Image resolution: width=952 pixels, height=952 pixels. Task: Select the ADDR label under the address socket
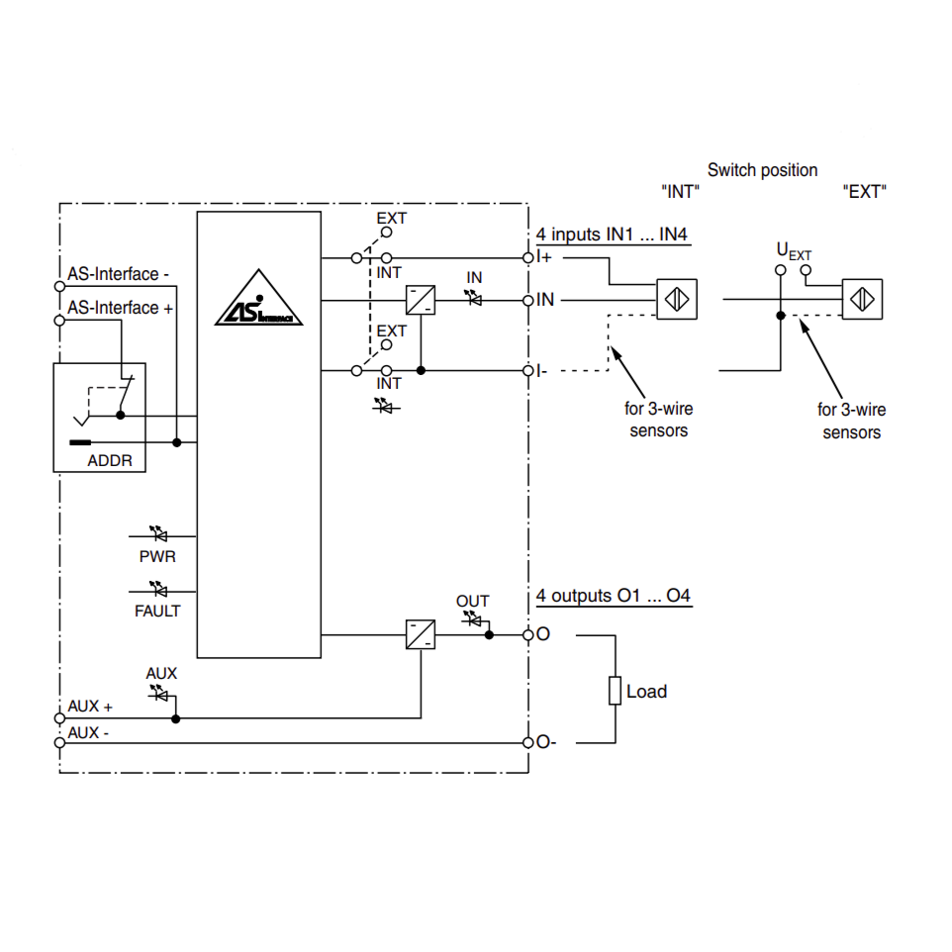(109, 460)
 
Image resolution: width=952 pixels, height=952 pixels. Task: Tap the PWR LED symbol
(157, 534)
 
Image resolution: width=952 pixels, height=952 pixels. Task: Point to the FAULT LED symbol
(157, 591)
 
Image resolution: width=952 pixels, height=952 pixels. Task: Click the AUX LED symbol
(158, 694)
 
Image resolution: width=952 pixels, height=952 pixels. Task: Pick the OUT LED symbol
(473, 619)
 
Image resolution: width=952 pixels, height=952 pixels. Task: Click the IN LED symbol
(474, 298)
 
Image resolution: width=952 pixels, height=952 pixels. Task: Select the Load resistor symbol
(615, 691)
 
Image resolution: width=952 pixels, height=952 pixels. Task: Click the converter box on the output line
(421, 634)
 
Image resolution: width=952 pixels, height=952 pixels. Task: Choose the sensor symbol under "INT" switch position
(676, 299)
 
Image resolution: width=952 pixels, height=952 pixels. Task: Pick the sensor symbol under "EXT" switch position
(862, 299)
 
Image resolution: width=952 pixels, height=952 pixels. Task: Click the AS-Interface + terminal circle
(59, 319)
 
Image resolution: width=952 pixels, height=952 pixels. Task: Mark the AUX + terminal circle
(59, 717)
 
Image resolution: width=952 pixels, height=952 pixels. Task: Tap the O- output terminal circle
(529, 742)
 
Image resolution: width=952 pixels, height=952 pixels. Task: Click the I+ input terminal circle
(529, 257)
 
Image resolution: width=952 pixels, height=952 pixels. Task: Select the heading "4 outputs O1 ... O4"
(614, 597)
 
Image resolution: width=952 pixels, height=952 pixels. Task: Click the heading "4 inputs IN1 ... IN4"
(612, 236)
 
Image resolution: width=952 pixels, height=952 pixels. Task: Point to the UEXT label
(793, 250)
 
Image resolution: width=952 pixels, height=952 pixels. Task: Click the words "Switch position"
(762, 170)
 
